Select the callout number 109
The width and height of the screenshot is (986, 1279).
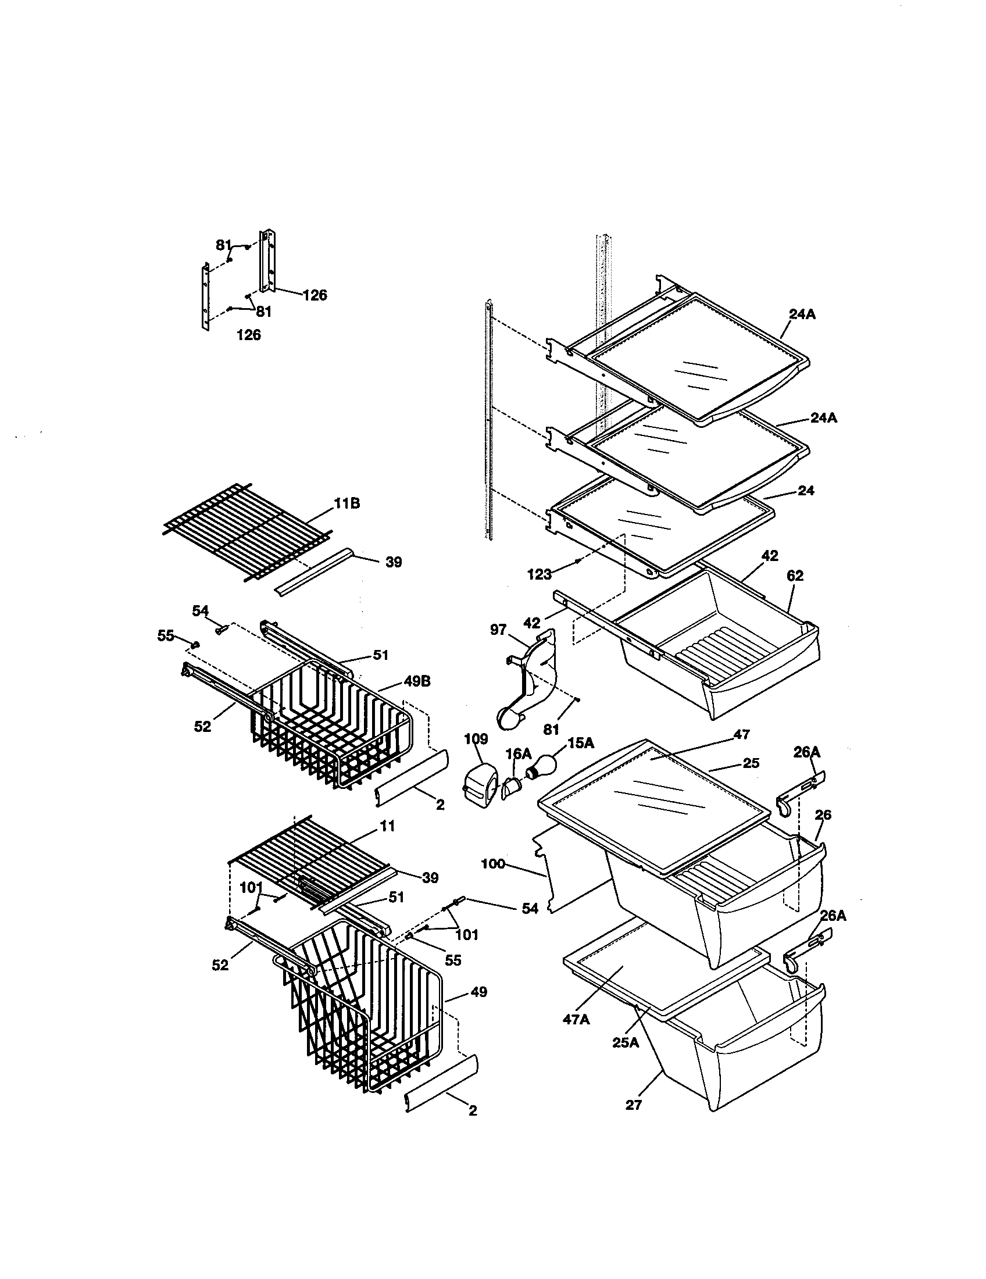[476, 738]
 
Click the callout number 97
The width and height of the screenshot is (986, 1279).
[498, 629]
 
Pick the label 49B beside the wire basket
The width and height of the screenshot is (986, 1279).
[416, 682]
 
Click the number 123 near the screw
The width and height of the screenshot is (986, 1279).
[539, 574]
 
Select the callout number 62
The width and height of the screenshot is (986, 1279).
[795, 576]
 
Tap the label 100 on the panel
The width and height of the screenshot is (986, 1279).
[493, 864]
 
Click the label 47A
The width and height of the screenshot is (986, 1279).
[576, 1020]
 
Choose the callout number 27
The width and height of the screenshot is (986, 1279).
[634, 1105]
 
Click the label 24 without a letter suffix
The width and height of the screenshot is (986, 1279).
[806, 491]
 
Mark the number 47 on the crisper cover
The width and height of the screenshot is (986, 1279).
[741, 734]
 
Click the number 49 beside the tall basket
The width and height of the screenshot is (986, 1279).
[478, 992]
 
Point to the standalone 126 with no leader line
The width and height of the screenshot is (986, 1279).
[248, 335]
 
